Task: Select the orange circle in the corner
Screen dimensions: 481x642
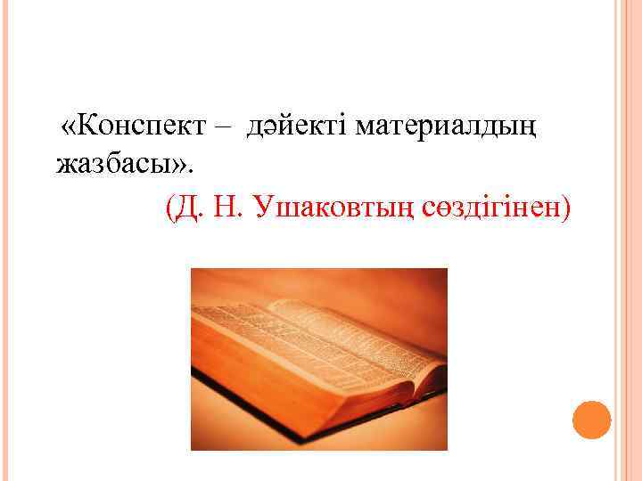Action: point(591,420)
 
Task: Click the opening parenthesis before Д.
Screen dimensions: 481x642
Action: point(171,208)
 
